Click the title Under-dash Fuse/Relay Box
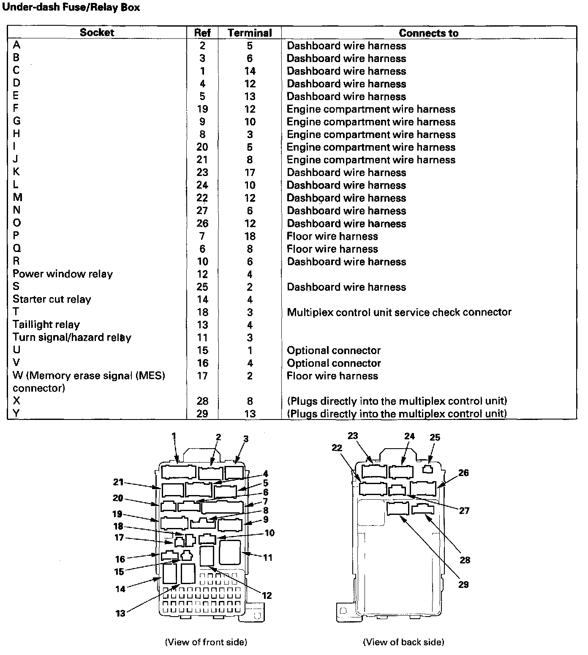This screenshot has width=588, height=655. tap(71, 8)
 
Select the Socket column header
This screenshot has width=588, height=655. tap(97, 32)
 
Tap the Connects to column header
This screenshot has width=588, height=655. tap(428, 33)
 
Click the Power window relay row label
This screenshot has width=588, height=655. tap(63, 274)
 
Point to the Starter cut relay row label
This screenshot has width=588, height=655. tap(52, 299)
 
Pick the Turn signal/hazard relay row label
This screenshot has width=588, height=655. tap(72, 337)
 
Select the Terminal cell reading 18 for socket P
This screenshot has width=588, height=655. tap(250, 236)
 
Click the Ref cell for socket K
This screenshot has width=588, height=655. tap(202, 172)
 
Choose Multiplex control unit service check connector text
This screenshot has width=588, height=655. tap(399, 312)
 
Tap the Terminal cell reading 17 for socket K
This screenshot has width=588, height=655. tap(250, 172)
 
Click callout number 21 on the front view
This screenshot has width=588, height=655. tap(118, 482)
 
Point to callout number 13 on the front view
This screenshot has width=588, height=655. tap(120, 613)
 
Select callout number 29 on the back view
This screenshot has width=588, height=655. tap(463, 585)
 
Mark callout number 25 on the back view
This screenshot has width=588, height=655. tap(435, 437)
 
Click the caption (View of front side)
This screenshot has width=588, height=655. tap(206, 642)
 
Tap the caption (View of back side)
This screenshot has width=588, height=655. tap(403, 642)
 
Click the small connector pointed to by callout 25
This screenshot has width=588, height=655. tap(428, 468)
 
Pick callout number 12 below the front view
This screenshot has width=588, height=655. tap(267, 595)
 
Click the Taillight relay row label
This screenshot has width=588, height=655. tap(46, 325)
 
